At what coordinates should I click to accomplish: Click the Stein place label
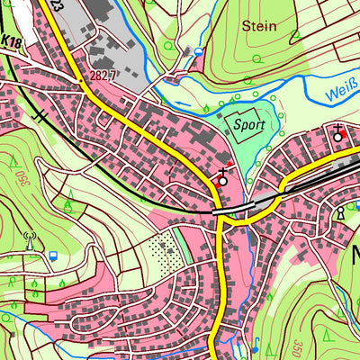click(x=259, y=26)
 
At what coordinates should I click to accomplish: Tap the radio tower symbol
click(x=29, y=241)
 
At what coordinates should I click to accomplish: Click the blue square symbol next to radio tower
click(x=54, y=255)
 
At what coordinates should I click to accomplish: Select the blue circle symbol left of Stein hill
click(x=198, y=52)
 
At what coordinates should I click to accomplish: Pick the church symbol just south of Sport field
click(x=222, y=176)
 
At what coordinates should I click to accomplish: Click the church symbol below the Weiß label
click(x=337, y=135)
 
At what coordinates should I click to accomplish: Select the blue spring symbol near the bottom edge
click(x=256, y=346)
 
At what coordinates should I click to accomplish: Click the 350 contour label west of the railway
click(x=18, y=176)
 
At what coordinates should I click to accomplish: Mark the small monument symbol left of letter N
click(x=341, y=214)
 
